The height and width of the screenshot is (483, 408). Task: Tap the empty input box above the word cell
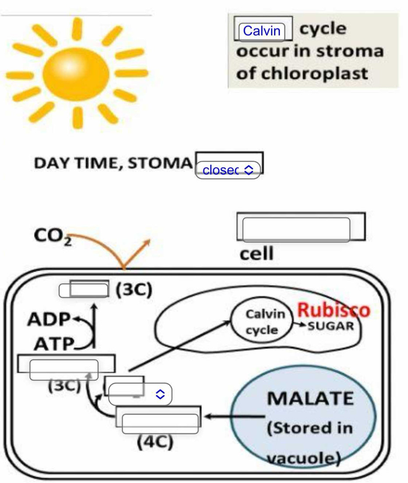coord(296,229)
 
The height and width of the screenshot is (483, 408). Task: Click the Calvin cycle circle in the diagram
coord(262,322)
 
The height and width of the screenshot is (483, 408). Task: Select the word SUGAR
coord(333,326)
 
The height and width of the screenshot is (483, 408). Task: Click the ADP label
coord(48,320)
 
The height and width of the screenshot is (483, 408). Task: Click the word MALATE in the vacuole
coord(310,398)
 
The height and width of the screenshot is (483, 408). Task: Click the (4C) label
coord(155,443)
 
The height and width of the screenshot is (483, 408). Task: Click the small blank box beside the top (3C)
coord(84,290)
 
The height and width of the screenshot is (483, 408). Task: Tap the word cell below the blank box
coord(256,253)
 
